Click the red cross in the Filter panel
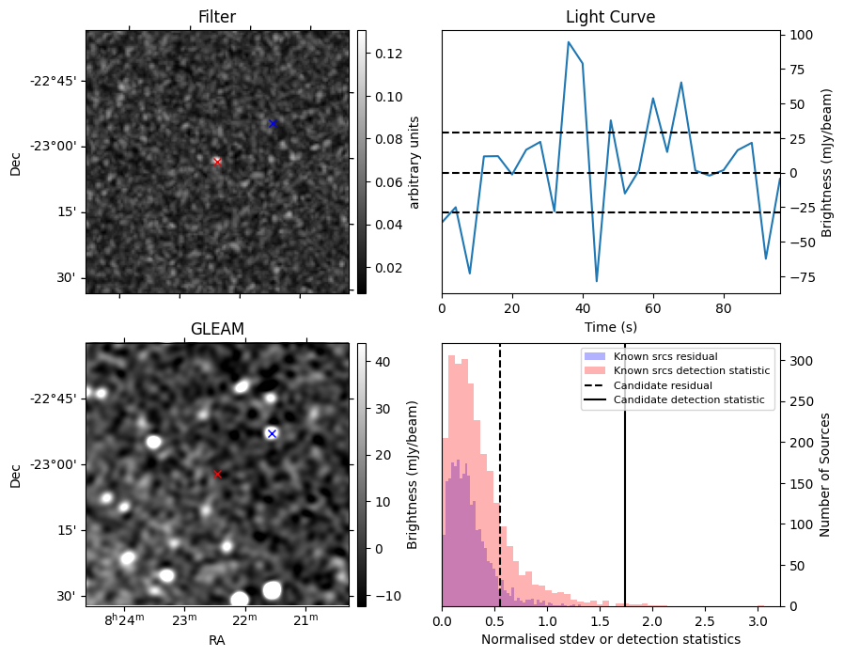pyautogui.click(x=217, y=162)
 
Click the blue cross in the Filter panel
pyautogui.click(x=273, y=123)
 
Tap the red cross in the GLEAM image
pyautogui.click(x=217, y=474)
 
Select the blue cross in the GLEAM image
pyautogui.click(x=272, y=433)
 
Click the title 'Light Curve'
pyautogui.click(x=610, y=17)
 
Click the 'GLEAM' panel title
pyautogui.click(x=217, y=328)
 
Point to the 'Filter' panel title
pyautogui.click(x=217, y=17)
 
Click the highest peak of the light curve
pyautogui.click(x=569, y=42)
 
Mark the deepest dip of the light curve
pyautogui.click(x=597, y=281)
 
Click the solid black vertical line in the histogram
pyautogui.click(x=625, y=470)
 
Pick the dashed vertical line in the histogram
pyautogui.click(x=500, y=470)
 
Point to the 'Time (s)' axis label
pyautogui.click(x=610, y=325)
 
